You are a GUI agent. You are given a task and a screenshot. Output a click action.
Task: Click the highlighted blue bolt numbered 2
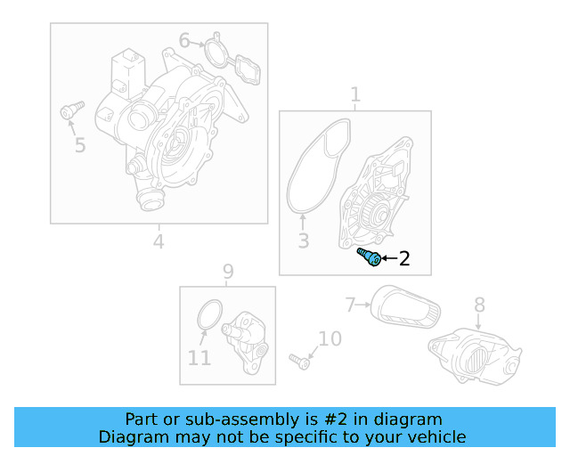click(370, 258)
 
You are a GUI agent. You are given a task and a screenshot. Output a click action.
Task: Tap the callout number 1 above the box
click(355, 94)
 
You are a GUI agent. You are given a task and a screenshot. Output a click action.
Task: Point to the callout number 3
click(303, 240)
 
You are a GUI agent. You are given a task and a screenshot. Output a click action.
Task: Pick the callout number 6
click(184, 40)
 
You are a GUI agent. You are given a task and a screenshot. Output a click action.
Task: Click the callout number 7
click(351, 305)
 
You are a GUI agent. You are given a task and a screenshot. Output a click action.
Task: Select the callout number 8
click(479, 305)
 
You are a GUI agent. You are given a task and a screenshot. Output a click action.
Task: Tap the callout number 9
click(228, 271)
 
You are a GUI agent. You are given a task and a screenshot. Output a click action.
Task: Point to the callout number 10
click(330, 338)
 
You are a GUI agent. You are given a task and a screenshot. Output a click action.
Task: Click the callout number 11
click(199, 358)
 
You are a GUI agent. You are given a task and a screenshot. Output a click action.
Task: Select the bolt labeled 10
click(298, 361)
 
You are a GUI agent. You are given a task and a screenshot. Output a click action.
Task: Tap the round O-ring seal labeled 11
click(208, 315)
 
